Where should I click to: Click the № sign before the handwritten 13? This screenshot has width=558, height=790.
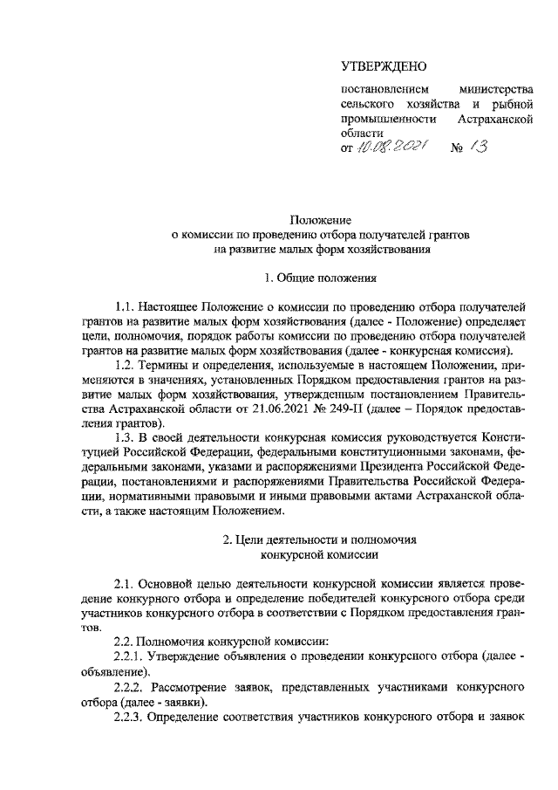(x=455, y=149)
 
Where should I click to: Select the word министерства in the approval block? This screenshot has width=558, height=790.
(x=495, y=90)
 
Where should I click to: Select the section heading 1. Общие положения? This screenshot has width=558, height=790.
(x=320, y=279)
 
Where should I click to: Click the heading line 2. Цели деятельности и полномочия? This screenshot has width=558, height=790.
(x=320, y=539)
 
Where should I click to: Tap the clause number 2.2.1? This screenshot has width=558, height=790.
(x=132, y=655)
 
